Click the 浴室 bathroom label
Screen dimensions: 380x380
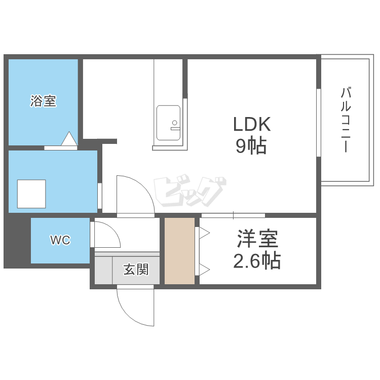[x=43, y=101]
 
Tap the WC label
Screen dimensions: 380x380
[x=60, y=240]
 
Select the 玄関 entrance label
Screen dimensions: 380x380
[x=136, y=270]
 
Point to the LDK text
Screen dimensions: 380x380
[x=252, y=124]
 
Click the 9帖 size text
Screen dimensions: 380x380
[x=251, y=146]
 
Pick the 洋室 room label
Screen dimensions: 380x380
[x=257, y=239]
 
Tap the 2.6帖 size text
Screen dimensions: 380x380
[x=257, y=261]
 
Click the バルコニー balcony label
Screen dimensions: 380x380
[x=346, y=120]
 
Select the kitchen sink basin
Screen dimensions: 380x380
[x=168, y=123]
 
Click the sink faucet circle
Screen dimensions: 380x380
[x=174, y=123]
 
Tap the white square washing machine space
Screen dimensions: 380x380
[x=31, y=194]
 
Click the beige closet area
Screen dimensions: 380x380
[x=179, y=251]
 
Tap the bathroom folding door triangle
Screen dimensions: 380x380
[x=69, y=139]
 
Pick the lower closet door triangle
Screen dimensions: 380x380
[x=204, y=270]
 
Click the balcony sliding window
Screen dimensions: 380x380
[x=319, y=123]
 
